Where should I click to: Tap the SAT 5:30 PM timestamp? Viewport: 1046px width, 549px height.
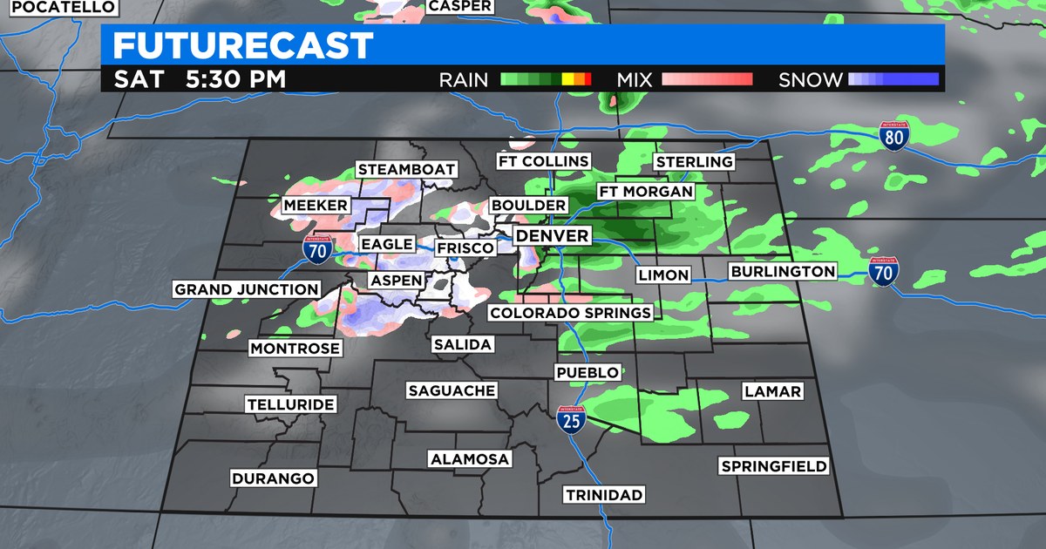(x=200, y=79)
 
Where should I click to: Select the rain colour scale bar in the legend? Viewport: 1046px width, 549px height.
(x=547, y=79)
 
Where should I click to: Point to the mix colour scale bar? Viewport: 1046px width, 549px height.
(x=707, y=79)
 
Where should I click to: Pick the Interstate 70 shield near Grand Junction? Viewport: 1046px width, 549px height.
(x=316, y=248)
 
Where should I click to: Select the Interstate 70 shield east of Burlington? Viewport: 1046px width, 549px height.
(x=883, y=271)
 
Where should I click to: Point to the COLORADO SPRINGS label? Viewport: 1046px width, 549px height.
(x=570, y=313)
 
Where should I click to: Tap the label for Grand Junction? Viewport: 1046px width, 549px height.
(x=247, y=289)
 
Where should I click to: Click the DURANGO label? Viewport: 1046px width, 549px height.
(x=273, y=478)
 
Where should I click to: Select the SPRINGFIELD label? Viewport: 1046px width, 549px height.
(x=774, y=466)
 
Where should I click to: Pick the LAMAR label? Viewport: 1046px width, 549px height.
(x=772, y=391)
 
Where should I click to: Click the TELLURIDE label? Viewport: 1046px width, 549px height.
(x=290, y=405)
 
